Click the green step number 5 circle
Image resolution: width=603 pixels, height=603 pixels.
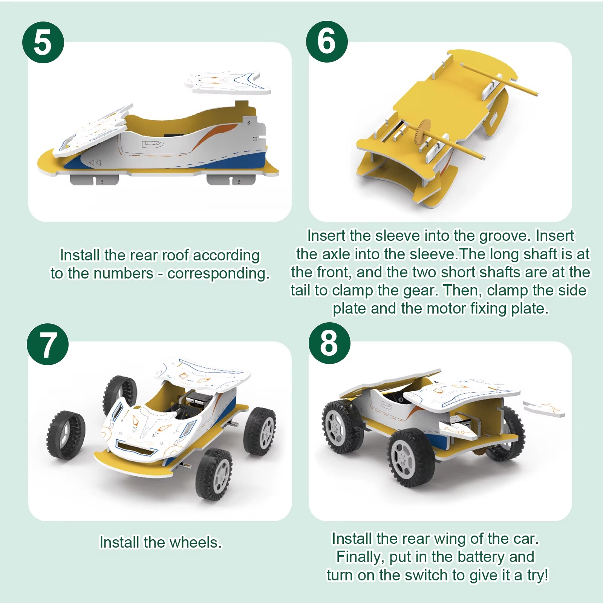click(x=43, y=42)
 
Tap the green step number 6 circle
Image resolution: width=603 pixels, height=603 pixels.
click(x=327, y=41)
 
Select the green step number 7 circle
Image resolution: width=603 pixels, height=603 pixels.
click(x=48, y=344)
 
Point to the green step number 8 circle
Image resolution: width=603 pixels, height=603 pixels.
click(x=329, y=343)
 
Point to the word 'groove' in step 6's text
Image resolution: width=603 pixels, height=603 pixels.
click(x=505, y=236)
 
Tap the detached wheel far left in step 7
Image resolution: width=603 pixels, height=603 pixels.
click(x=66, y=435)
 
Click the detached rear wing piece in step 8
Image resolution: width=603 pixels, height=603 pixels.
click(x=544, y=409)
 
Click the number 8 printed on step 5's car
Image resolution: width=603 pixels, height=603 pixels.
click(x=249, y=122)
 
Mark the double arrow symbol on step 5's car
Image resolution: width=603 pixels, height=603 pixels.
click(x=95, y=162)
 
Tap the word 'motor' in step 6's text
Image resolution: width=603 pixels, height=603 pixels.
click(x=446, y=309)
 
